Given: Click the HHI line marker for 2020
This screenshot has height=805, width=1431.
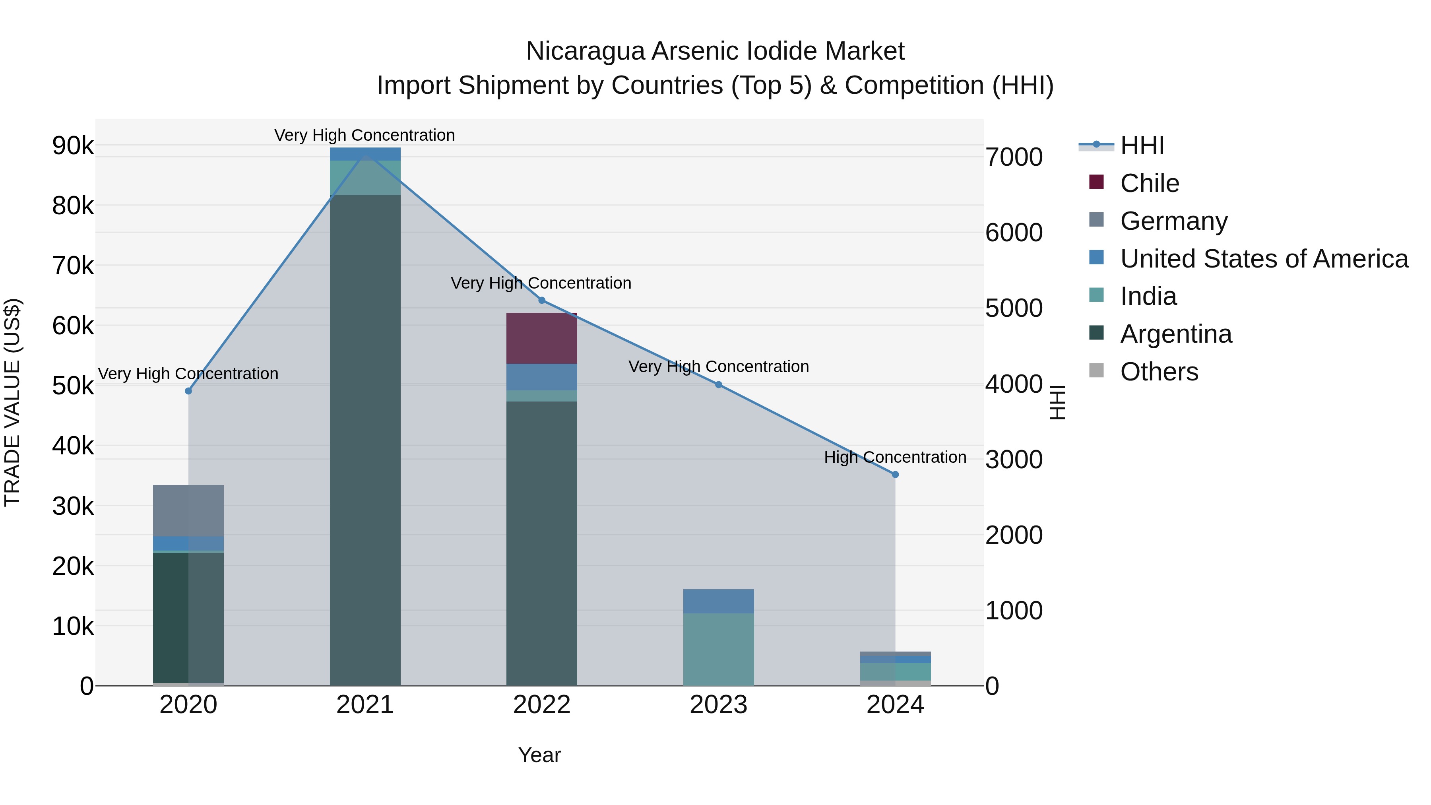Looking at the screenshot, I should tap(188, 391).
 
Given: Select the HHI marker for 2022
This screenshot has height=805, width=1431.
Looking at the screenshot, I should tap(542, 301).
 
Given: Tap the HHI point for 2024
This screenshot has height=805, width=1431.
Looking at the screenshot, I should tap(895, 474).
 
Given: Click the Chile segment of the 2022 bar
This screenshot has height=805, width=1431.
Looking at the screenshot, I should tap(542, 338).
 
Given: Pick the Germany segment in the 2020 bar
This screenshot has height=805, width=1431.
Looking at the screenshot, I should tap(188, 510).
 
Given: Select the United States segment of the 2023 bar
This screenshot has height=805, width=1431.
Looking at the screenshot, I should tap(718, 601).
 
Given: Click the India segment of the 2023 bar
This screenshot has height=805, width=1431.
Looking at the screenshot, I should tap(718, 649).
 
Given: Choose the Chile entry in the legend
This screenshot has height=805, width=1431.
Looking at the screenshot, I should tap(1149, 183).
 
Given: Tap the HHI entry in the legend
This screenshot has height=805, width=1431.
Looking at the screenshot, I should tap(1142, 145).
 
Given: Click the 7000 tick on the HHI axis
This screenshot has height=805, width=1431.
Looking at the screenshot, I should tap(1014, 157).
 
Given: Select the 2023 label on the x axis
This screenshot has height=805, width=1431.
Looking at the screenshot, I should tap(718, 705).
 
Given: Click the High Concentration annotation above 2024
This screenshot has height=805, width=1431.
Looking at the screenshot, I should tap(895, 457).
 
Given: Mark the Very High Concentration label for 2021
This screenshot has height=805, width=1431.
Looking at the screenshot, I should tap(365, 135).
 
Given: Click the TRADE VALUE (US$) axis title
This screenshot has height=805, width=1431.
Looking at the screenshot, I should tap(13, 402).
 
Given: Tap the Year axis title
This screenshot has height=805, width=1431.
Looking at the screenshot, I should tap(539, 755).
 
